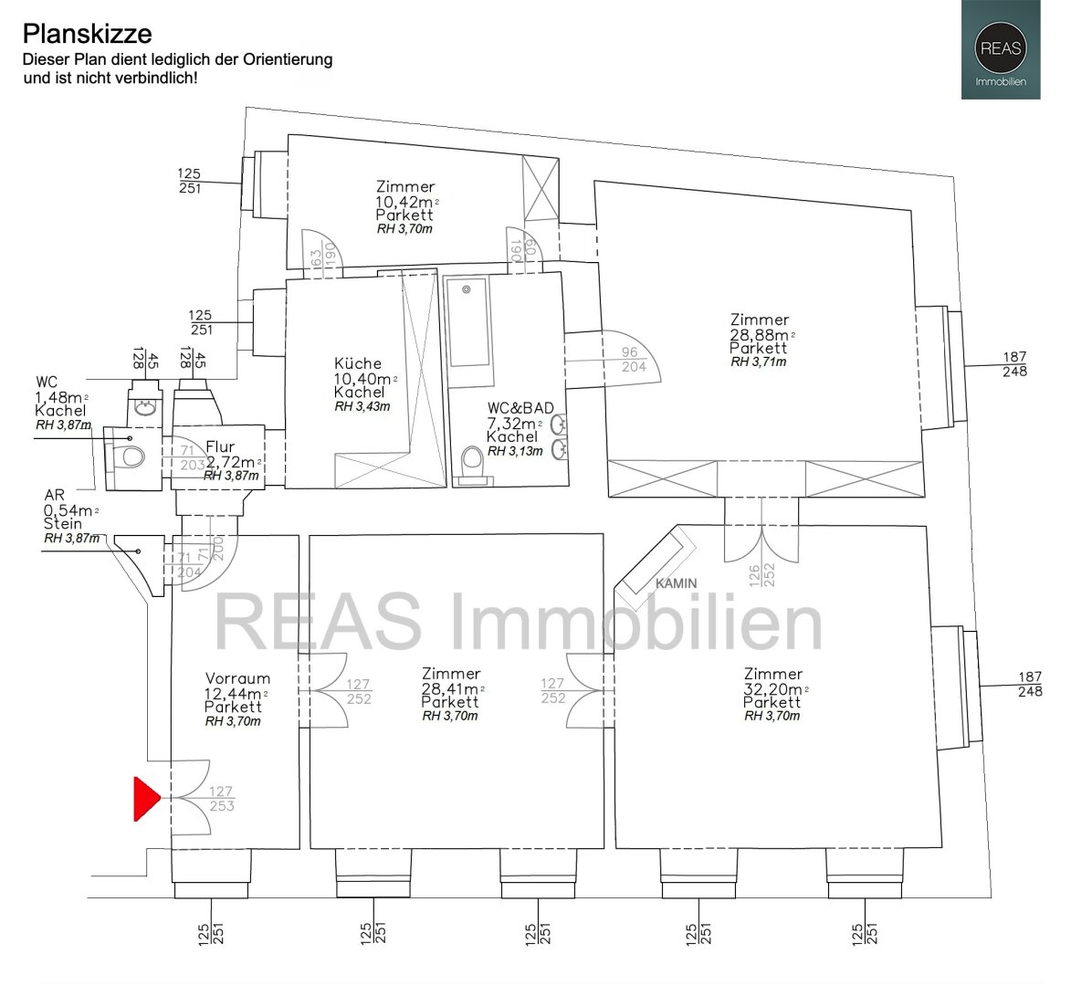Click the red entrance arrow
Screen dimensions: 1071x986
pyautogui.click(x=145, y=798)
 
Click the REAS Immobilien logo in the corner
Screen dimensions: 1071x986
pyautogui.click(x=1001, y=50)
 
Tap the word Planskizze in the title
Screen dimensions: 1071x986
pyautogui.click(x=88, y=34)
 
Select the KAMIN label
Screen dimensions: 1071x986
pyautogui.click(x=677, y=583)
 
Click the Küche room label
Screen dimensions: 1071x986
pyautogui.click(x=358, y=363)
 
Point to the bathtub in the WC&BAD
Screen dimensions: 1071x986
pyautogui.click(x=467, y=322)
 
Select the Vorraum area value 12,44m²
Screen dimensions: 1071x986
pyautogui.click(x=236, y=694)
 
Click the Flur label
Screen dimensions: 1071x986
pyautogui.click(x=219, y=446)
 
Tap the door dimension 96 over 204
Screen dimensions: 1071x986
pyautogui.click(x=633, y=359)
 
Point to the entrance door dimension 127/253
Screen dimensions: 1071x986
pyautogui.click(x=221, y=798)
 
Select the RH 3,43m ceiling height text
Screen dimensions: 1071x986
pyautogui.click(x=362, y=406)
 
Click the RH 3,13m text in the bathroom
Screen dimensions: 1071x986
pyautogui.click(x=515, y=451)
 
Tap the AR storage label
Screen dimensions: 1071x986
pyautogui.click(x=55, y=495)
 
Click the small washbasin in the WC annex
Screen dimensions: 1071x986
pyautogui.click(x=145, y=408)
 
